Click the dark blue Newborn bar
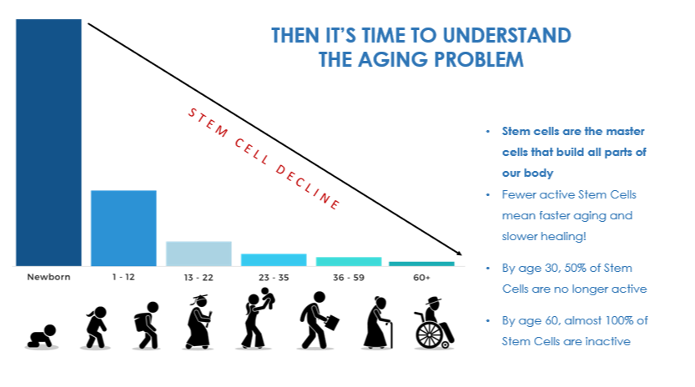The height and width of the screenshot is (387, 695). click(48, 143)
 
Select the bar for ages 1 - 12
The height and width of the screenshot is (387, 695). click(123, 228)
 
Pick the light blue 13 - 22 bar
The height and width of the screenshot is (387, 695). click(199, 254)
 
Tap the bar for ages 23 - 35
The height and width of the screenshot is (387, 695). click(274, 259)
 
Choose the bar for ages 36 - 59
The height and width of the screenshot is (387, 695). click(349, 262)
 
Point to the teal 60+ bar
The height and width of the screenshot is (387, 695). click(421, 264)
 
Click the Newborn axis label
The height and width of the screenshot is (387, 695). click(48, 277)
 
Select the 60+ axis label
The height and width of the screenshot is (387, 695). click(421, 278)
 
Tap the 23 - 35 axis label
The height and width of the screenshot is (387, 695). click(274, 278)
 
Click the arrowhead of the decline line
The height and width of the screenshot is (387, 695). click(459, 253)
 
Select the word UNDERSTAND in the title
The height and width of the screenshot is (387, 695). click(506, 36)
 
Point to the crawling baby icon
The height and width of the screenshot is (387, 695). click(42, 336)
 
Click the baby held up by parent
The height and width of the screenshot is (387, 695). click(267, 297)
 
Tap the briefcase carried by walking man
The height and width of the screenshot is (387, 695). click(331, 322)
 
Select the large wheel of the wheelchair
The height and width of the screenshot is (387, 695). click(429, 334)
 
